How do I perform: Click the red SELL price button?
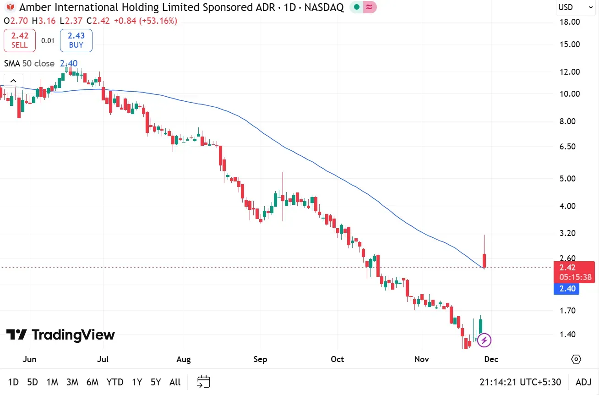tap(20, 40)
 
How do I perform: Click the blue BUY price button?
tap(76, 40)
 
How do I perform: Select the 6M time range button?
tap(93, 382)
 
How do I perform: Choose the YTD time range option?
tap(115, 382)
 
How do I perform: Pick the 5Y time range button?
tap(156, 382)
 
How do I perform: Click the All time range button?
tap(175, 382)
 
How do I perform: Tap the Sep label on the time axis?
tap(260, 359)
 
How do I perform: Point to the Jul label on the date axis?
tap(103, 359)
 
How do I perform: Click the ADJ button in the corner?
tap(583, 382)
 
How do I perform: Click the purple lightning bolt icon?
tap(485, 340)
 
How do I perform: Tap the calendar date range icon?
tap(204, 382)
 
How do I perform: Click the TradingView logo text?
tap(60, 335)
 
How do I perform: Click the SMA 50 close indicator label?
tap(29, 64)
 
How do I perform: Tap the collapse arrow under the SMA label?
tap(13, 82)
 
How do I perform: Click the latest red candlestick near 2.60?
tap(485, 260)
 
